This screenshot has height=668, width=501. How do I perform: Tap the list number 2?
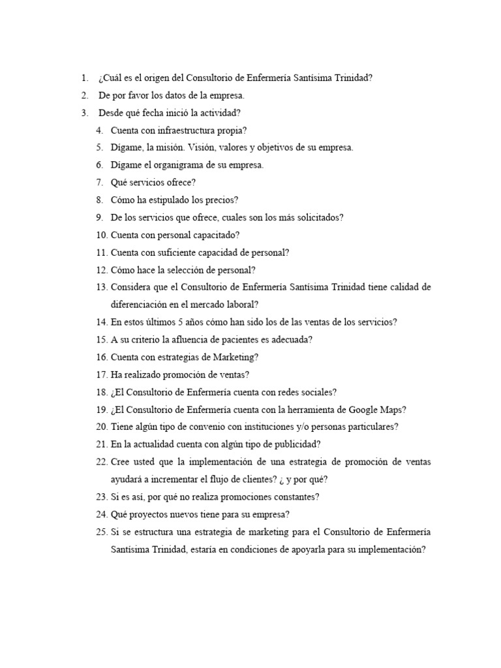85,95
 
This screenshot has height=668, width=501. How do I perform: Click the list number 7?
100,183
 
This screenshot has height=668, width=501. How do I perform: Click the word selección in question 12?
183,269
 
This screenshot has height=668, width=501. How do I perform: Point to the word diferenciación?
143,304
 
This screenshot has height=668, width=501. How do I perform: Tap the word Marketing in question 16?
234,357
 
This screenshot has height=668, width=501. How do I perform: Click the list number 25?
101,532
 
